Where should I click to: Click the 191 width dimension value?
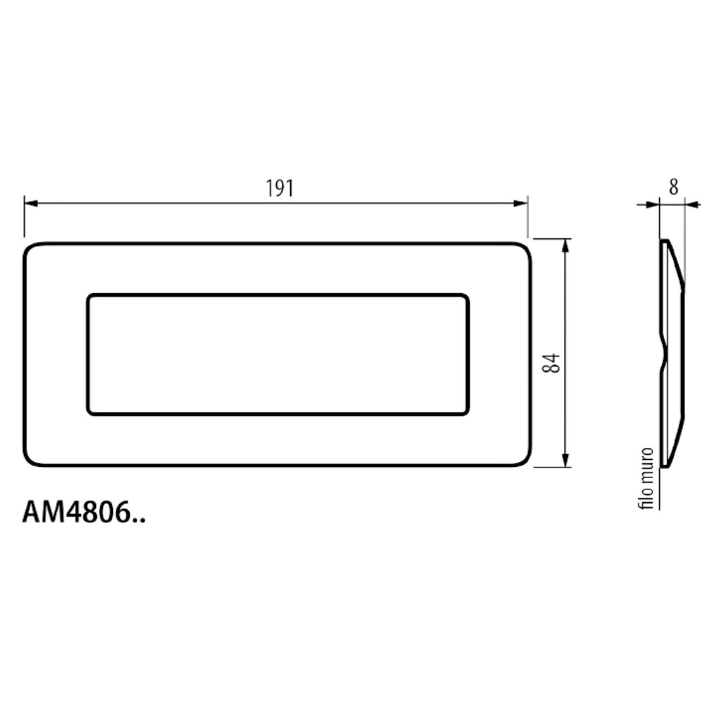[x=280, y=188]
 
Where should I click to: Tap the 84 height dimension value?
[x=551, y=363]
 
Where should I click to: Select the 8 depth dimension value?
[x=674, y=187]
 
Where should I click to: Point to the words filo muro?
[x=647, y=478]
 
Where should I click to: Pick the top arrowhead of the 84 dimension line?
[x=566, y=245]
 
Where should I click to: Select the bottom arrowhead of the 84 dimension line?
[x=566, y=461]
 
